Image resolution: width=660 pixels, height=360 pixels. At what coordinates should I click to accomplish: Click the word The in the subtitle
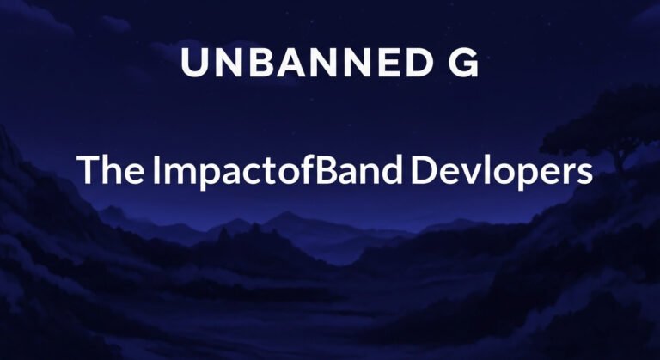tap(110, 170)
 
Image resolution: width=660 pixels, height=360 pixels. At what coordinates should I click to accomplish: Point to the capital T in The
tap(87, 170)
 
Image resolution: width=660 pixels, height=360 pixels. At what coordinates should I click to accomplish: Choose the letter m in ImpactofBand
tap(177, 173)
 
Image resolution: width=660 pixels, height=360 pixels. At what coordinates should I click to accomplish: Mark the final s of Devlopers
tap(584, 174)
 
